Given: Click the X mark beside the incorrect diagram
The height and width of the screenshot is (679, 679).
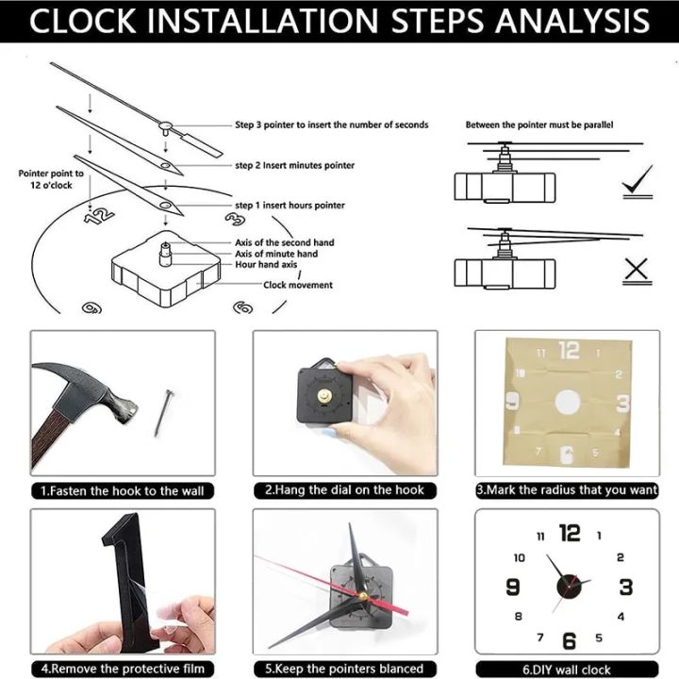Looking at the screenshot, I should pyautogui.click(x=638, y=270).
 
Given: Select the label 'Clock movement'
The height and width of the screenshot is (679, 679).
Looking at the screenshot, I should pyautogui.click(x=297, y=285).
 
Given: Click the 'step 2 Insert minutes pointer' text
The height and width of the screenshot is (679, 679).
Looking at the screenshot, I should pyautogui.click(x=294, y=165).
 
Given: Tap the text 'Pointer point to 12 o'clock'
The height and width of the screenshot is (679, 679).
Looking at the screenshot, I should pyautogui.click(x=51, y=179).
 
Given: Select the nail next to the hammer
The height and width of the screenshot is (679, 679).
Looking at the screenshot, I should pyautogui.click(x=163, y=413).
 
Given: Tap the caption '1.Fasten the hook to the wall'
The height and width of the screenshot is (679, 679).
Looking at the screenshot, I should pyautogui.click(x=122, y=490).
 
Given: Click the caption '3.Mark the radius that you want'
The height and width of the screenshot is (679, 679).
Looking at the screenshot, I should pyautogui.click(x=566, y=490).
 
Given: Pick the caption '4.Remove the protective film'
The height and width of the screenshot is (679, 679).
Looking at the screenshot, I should pyautogui.click(x=122, y=669).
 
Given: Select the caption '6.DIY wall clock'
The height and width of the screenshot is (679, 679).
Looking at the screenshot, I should pyautogui.click(x=566, y=669).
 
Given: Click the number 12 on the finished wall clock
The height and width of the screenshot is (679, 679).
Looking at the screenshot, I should pyautogui.click(x=569, y=534).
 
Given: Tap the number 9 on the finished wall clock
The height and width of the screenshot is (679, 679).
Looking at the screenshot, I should pyautogui.click(x=513, y=588).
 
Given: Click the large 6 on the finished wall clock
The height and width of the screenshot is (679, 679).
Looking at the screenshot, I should pyautogui.click(x=569, y=641).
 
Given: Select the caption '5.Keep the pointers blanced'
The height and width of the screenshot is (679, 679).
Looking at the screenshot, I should pyautogui.click(x=344, y=669).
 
